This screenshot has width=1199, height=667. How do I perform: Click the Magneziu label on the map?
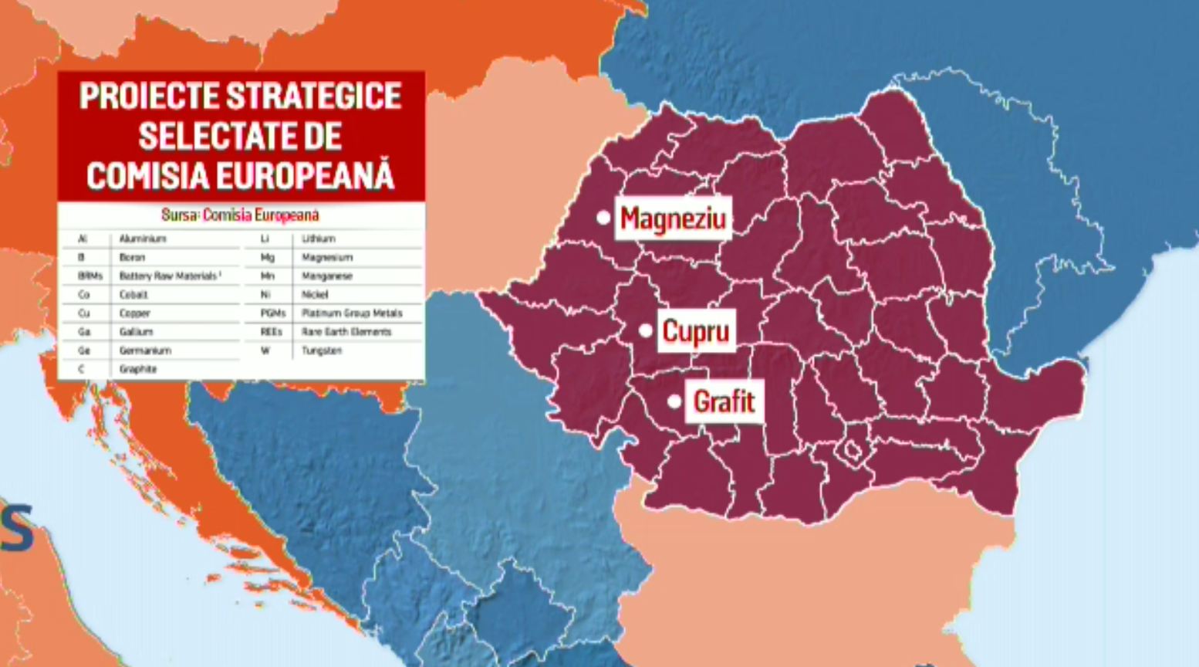(x=673, y=218)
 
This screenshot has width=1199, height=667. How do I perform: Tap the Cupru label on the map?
(x=696, y=331)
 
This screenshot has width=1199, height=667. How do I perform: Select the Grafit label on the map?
(x=724, y=401)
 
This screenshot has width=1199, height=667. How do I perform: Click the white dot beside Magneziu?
(x=603, y=218)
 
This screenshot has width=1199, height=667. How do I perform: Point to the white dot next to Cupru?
(x=646, y=331)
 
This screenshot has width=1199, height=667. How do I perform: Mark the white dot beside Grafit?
(x=674, y=401)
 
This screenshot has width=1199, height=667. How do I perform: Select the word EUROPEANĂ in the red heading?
(x=306, y=176)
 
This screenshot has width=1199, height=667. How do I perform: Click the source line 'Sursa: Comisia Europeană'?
(x=240, y=215)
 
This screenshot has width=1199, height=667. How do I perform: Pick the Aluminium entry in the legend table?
(x=143, y=239)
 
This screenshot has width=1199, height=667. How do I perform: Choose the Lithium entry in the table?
(x=318, y=239)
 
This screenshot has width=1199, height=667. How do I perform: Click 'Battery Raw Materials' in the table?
(x=168, y=276)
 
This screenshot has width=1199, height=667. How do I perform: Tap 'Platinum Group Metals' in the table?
(x=352, y=313)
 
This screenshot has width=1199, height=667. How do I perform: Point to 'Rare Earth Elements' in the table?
(x=346, y=332)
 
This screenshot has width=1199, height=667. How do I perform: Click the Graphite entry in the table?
(x=138, y=369)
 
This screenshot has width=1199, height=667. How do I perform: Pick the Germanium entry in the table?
(x=145, y=350)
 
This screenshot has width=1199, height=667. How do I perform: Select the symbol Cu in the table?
(x=83, y=313)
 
